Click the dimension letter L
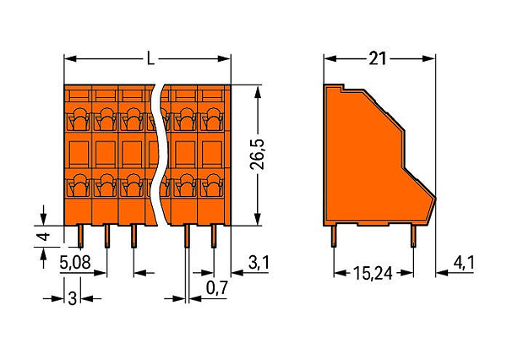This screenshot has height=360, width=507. tap(150, 59)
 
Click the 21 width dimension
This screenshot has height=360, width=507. tap(378, 59)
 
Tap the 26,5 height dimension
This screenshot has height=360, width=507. tap(258, 155)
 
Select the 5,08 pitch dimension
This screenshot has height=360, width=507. tap(75, 262)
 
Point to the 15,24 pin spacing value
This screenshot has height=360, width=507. tap(373, 273)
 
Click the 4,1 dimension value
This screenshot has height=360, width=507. tap(464, 262)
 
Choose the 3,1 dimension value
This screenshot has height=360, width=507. tap(259, 262)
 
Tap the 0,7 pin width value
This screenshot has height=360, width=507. tap(217, 287)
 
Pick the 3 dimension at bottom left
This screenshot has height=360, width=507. tap(73, 298)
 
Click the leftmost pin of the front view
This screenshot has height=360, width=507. tap(80, 237)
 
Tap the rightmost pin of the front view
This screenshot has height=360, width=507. tap(214, 237)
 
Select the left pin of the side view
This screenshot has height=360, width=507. tap(334, 237)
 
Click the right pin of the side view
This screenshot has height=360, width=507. tap(413, 237)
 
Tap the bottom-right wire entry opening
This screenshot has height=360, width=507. tap(212, 185)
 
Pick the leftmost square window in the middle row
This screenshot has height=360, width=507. tap(79, 155)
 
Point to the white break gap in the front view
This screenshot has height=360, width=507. tap(161, 155)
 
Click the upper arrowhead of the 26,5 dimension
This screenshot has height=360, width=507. tap(258, 92)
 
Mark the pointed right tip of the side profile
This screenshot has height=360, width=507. tap(435, 198)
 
